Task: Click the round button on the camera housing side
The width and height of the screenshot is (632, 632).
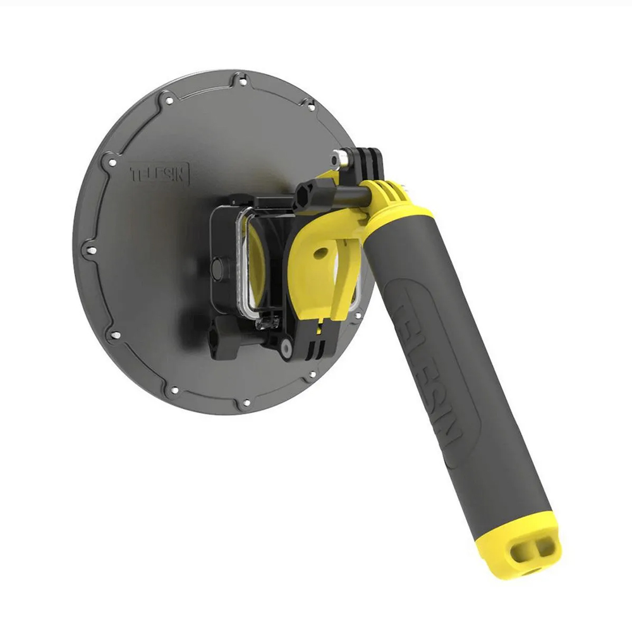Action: [217, 269]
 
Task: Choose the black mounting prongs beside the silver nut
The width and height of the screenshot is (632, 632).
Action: [368, 161]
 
